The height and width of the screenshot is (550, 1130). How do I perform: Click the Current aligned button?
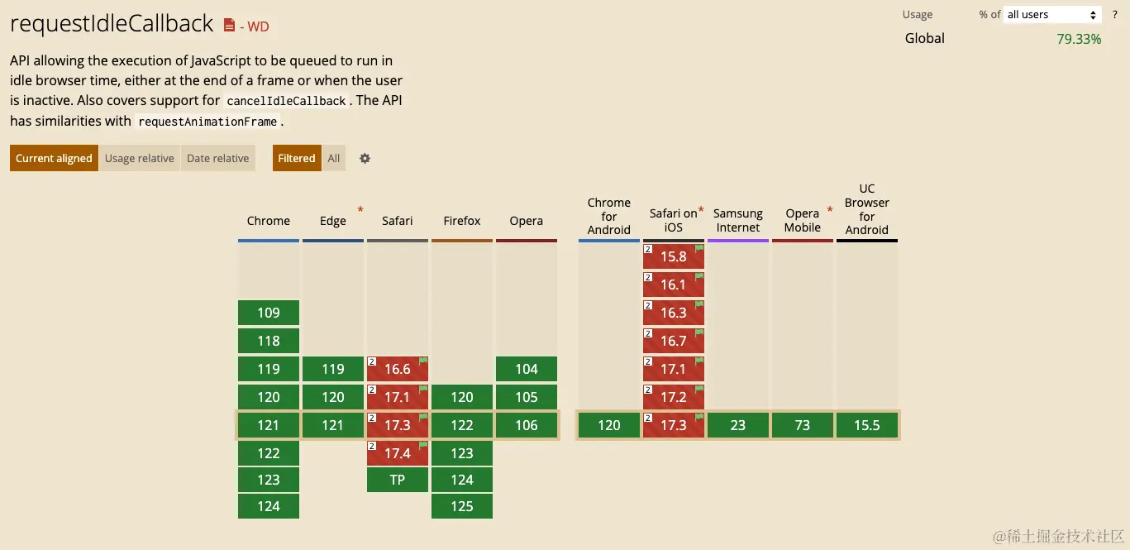(x=54, y=158)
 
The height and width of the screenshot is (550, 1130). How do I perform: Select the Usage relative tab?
(x=139, y=158)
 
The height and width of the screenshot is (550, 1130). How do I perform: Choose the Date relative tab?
(x=217, y=158)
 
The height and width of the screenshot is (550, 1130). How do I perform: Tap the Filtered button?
(x=297, y=158)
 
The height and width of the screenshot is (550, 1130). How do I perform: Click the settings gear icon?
(x=365, y=158)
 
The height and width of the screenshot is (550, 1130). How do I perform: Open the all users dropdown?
(x=1051, y=14)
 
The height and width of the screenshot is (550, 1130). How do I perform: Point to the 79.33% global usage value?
(x=1079, y=39)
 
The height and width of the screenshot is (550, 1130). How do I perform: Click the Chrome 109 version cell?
(x=269, y=313)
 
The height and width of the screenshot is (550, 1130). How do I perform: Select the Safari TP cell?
(x=398, y=480)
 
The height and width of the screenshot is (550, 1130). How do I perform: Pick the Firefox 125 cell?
(x=462, y=506)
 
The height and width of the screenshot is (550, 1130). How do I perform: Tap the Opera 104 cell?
(x=527, y=369)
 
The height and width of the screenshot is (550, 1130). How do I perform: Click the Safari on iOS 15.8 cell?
(x=674, y=256)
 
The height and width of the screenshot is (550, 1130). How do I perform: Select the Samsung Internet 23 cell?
(x=738, y=425)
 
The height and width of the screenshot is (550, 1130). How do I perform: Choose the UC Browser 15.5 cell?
(x=867, y=425)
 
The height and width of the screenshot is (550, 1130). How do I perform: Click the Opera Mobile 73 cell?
(x=803, y=425)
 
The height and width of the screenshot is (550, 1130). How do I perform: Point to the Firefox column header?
(x=462, y=221)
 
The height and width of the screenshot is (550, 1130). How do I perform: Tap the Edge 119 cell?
(x=333, y=369)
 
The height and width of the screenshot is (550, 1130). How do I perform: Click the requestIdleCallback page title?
(x=112, y=24)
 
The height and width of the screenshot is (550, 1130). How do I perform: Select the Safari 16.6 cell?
(x=398, y=369)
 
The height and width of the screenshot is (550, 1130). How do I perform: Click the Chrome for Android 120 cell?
(x=609, y=425)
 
